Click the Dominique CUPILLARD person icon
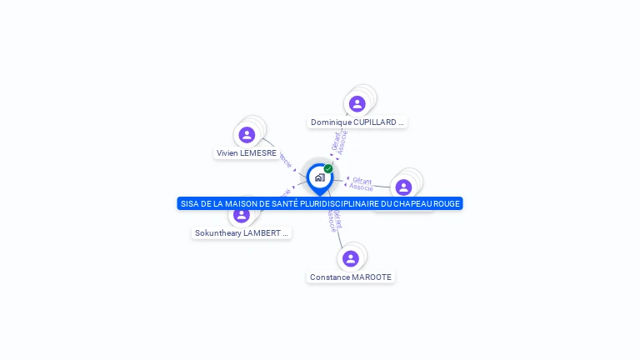point(357,104)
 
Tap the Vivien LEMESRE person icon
point(247,135)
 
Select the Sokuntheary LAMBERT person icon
point(242,215)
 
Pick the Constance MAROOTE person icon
point(351,258)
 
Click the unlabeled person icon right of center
point(403,187)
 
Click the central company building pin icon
point(319,177)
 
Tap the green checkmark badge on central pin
point(328,169)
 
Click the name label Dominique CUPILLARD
point(357,122)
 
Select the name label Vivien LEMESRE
point(247,153)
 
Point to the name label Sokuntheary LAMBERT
point(242,233)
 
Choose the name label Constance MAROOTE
point(351,277)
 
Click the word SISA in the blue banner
point(190,204)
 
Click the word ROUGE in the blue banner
point(444,204)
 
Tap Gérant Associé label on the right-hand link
point(362,183)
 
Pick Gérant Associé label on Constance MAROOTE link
point(332,219)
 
